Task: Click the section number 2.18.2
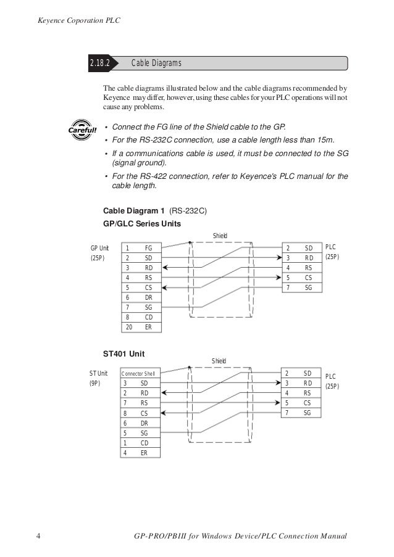(x=99, y=64)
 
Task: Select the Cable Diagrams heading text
(x=156, y=64)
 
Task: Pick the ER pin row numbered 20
(x=140, y=328)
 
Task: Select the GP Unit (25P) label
(x=99, y=253)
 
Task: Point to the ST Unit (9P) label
(x=98, y=378)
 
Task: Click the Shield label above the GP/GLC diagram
(x=220, y=236)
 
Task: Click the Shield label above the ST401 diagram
(x=219, y=361)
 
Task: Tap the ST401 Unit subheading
(x=124, y=354)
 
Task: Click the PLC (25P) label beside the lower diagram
(x=332, y=381)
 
